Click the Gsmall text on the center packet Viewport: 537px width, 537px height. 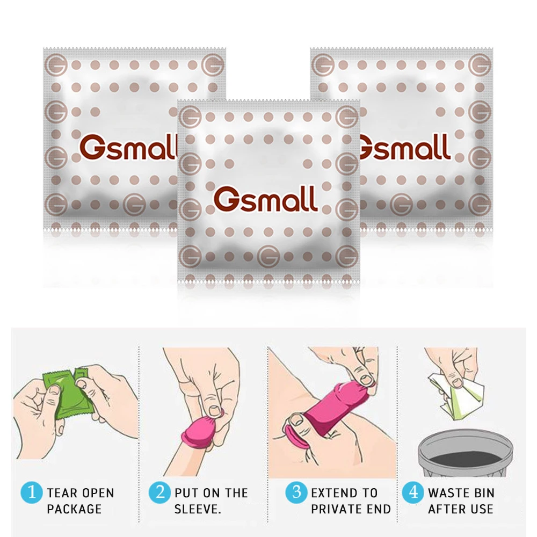tap(266, 199)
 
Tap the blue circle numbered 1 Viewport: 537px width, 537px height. tap(31, 492)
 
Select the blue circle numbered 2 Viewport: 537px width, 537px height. tap(159, 492)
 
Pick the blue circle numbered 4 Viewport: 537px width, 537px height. tap(412, 492)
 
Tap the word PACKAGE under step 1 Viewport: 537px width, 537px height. tap(74, 509)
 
